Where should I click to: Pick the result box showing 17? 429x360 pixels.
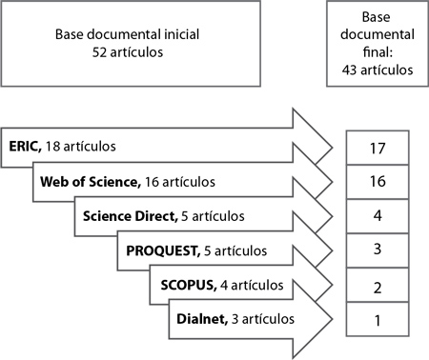pos(378,148)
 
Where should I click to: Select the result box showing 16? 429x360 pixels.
pos(378,182)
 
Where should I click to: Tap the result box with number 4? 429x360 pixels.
pos(378,216)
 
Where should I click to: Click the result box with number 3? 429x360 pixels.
pos(378,250)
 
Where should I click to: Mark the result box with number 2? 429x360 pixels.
pos(378,285)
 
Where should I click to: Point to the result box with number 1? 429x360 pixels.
pos(378,319)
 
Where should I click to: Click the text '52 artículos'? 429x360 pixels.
pos(132,52)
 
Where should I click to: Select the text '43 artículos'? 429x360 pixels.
pos(378,70)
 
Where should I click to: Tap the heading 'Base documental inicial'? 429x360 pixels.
pos(132,36)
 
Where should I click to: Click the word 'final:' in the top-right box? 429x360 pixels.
pos(378,52)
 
